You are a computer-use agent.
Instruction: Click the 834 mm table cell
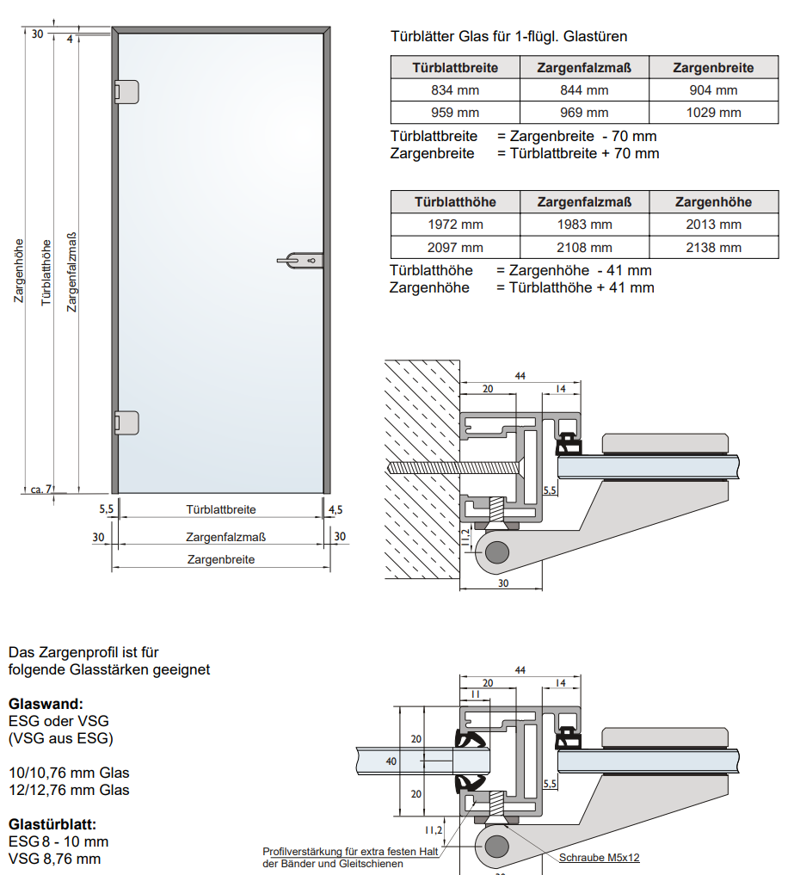(455, 90)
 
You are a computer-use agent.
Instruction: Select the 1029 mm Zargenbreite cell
(713, 113)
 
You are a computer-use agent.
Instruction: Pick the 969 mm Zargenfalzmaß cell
(584, 113)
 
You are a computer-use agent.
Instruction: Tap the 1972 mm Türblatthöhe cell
(455, 225)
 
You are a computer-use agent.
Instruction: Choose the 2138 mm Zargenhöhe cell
(713, 248)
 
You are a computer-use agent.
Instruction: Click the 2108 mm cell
(584, 248)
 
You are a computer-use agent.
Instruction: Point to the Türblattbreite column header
(455, 68)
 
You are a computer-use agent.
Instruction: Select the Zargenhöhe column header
(713, 202)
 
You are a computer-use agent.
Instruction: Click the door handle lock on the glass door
(305, 259)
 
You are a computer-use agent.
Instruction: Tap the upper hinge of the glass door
(126, 92)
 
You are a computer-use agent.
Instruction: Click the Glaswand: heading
(46, 704)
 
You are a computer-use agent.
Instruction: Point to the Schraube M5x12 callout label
(599, 857)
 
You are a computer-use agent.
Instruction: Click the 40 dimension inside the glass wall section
(391, 761)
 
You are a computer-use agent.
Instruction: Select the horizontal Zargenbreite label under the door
(221, 559)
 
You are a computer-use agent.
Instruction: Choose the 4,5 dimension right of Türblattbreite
(335, 509)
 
